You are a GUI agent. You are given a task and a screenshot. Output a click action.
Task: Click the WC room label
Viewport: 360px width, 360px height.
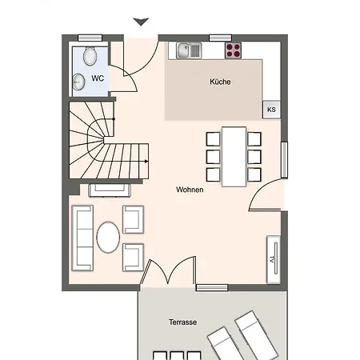pos(98,78)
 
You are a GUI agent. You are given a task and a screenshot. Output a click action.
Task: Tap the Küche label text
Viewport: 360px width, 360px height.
pos(221,82)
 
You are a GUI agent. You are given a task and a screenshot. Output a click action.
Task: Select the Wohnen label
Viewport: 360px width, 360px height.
pos(190,190)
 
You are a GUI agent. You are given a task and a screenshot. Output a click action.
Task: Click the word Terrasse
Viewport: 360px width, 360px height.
pos(182,323)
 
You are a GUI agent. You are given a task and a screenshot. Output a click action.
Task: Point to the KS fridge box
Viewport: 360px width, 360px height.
pos(271,110)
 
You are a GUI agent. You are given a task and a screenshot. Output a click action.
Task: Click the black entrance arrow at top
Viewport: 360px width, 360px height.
pos(141,22)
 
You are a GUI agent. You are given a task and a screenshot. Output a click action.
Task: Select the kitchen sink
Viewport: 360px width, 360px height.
pos(190,50)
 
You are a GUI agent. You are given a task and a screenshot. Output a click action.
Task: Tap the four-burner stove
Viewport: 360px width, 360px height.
pos(234,50)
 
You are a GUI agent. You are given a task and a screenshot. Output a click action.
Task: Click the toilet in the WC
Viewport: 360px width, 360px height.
pos(88,56)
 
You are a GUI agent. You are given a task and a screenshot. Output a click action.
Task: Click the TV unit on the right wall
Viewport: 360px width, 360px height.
pos(273,255)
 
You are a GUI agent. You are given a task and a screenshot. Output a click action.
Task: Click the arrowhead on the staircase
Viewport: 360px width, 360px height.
pos(146,161)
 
